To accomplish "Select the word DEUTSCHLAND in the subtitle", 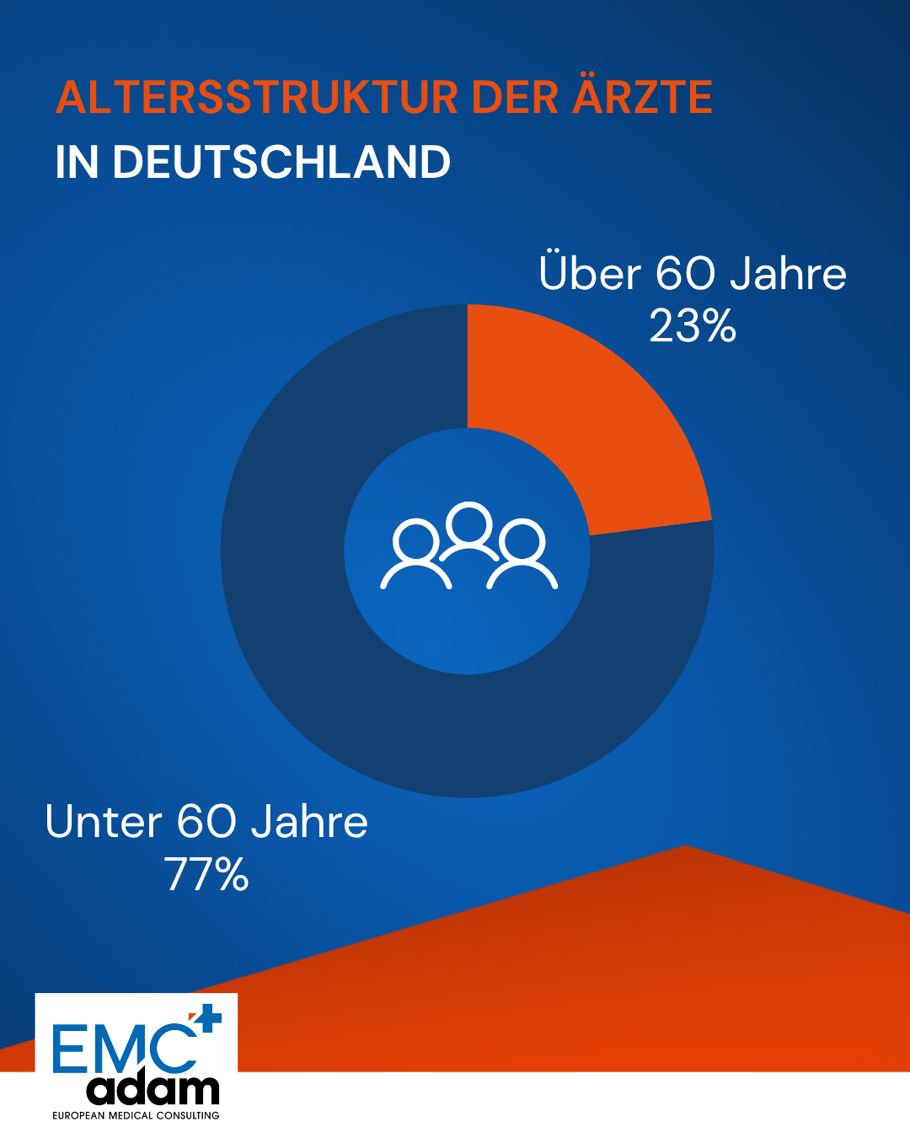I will coord(281,162).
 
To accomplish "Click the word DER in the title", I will coord(515,98).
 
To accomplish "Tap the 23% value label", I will coord(693,326).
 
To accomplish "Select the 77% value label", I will coord(206,874).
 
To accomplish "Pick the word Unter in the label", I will coord(104,822).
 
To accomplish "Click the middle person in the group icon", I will coord(469,531).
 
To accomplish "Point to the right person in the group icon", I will coord(522,556).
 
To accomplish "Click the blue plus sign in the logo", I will coord(207,1019).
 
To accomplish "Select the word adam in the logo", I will coord(153,1089).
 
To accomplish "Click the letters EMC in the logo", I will coord(122,1049).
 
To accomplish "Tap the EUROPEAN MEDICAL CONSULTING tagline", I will coord(136,1115).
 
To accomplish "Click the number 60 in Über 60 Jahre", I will coord(685,274).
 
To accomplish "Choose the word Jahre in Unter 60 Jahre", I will coord(310,822).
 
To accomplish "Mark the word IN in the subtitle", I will coord(76,162).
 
